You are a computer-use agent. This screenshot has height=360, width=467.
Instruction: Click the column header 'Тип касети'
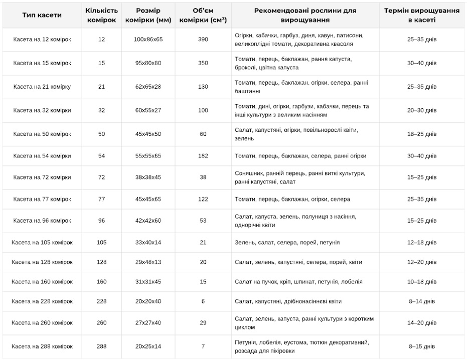(x=42, y=15)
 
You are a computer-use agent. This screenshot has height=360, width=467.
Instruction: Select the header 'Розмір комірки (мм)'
(x=148, y=15)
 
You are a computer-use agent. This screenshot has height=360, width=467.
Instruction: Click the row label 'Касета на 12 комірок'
(x=42, y=40)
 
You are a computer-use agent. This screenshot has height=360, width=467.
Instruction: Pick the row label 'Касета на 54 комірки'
(x=42, y=156)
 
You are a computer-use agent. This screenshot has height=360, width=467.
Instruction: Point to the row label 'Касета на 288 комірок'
(x=42, y=346)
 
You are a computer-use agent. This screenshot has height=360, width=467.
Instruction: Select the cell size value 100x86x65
(x=148, y=40)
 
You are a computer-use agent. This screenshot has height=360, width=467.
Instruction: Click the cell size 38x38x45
(x=148, y=177)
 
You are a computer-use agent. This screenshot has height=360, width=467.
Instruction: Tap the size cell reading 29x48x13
(x=148, y=262)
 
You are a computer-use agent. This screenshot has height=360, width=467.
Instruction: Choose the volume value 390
(x=203, y=40)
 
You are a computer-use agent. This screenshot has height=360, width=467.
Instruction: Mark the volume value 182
(x=203, y=156)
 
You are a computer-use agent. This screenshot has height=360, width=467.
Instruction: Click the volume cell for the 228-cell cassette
(x=203, y=301)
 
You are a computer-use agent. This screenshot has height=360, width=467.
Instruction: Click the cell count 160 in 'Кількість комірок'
(x=102, y=282)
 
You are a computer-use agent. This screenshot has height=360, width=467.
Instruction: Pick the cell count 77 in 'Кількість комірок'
(x=102, y=199)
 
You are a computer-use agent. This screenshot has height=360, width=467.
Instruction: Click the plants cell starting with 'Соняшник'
(x=299, y=177)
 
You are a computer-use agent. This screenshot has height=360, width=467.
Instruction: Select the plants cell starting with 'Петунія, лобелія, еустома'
(x=301, y=346)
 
